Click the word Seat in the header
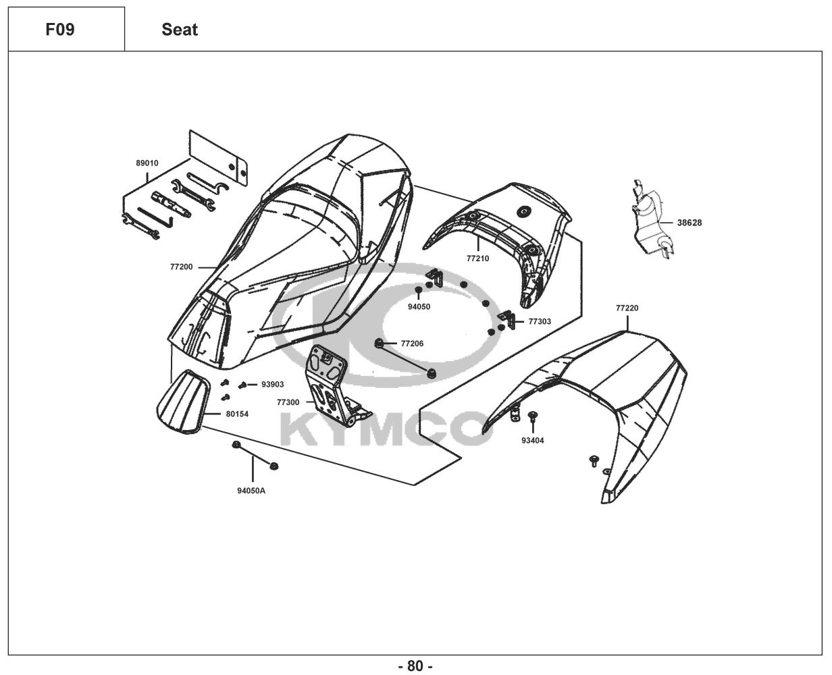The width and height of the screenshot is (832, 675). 180,30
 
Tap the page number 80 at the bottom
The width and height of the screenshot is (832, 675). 415,666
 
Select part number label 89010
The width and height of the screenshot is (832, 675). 147,163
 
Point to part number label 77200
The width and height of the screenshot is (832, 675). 181,267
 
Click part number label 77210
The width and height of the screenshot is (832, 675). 477,259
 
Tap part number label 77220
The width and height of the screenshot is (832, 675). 627,308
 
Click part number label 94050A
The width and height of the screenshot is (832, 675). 251,491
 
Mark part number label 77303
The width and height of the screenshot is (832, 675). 540,321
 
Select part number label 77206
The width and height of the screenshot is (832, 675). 412,344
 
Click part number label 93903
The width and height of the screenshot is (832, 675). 273,384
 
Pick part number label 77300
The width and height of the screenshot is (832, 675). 288,402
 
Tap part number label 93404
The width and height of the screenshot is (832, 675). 532,441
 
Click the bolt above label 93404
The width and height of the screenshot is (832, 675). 532,415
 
